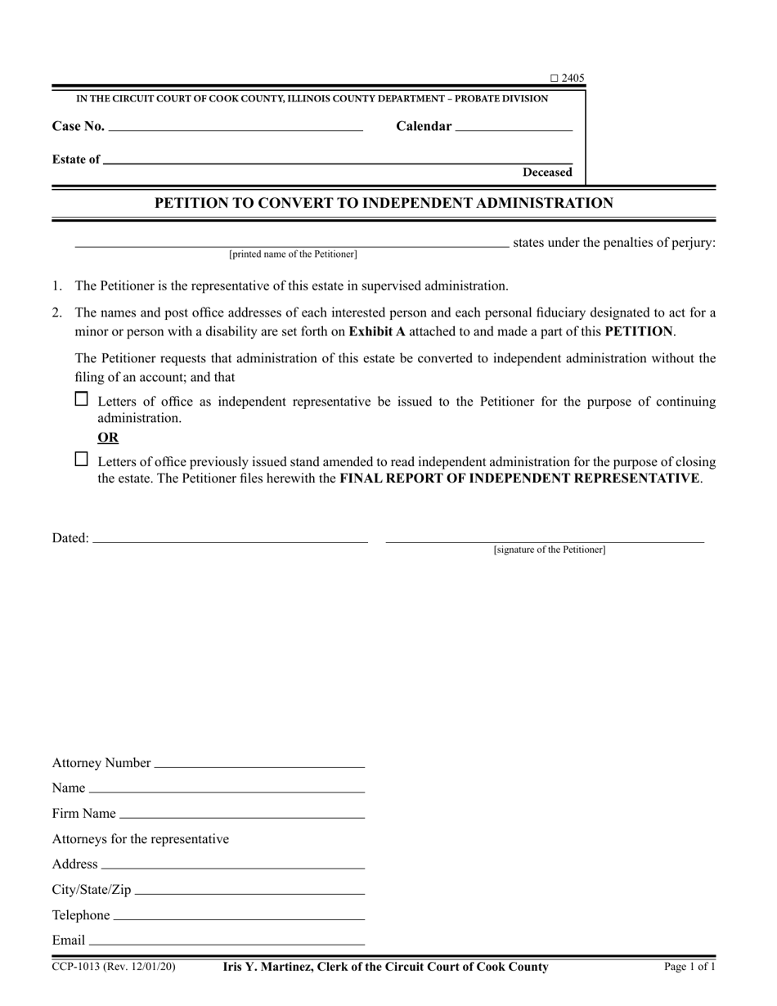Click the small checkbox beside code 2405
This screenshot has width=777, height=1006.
[554, 79]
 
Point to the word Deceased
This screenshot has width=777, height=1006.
[547, 173]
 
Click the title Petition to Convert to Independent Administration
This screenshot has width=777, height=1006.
[384, 203]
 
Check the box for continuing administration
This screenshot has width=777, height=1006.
[82, 400]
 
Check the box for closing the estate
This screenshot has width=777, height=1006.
[82, 460]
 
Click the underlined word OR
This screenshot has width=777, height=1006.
[108, 438]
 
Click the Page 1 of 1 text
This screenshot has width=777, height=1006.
[689, 967]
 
